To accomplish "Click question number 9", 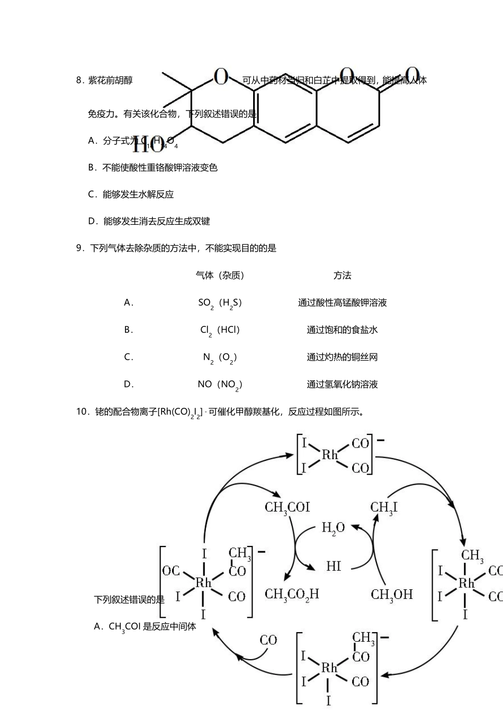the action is pos(80,248).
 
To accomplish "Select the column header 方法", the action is pos(342,275).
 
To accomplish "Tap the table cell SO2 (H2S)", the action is pos(220,303).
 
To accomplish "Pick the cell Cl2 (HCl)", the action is pos(220,330).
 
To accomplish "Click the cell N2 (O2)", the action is pos(220,358).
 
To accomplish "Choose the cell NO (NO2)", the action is pos(220,385).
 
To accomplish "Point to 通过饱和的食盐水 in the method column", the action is pos(342,330).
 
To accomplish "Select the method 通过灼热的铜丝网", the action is pos(342,357).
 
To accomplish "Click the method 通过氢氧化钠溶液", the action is pos(342,385).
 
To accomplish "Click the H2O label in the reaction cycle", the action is pos(333,528).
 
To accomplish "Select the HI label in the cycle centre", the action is pos(334,566).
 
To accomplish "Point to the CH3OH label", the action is pos(391,595).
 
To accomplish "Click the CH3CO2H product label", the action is pos(292,595).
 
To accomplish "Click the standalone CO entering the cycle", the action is pos(268,640).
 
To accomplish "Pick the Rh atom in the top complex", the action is pos(330,455).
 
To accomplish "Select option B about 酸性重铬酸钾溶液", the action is pos(152,168).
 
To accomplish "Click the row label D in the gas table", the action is pos(128,385).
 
